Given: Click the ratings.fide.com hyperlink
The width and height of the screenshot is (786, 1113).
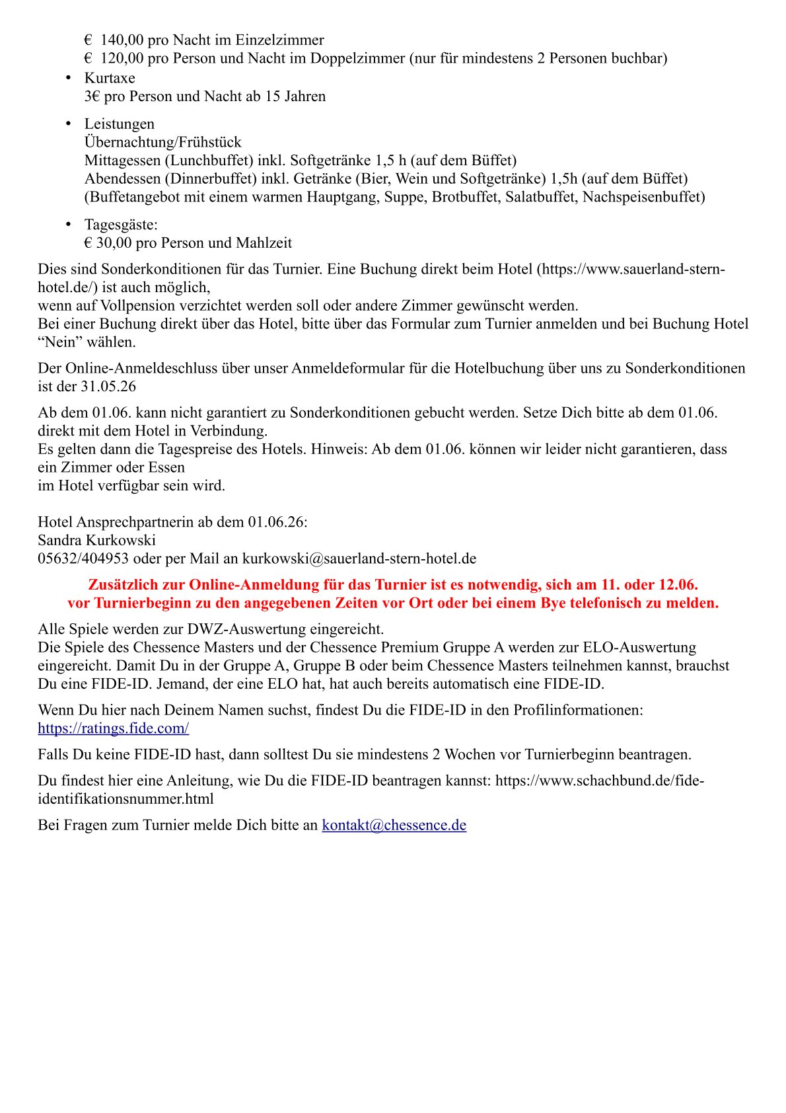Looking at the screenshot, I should [113, 728].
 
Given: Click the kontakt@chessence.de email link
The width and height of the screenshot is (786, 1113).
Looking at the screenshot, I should [394, 825].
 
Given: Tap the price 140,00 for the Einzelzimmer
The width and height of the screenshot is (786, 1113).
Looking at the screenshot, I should [122, 40].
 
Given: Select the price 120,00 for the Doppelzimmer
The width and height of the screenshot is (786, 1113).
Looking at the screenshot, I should [122, 59].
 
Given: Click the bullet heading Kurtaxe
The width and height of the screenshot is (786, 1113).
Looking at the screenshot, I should [110, 78].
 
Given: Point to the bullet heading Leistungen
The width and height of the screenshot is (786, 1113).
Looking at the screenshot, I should [119, 124].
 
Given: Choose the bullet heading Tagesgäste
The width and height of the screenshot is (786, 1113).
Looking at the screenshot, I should [121, 225].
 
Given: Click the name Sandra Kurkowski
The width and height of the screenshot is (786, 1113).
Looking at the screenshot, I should [96, 541].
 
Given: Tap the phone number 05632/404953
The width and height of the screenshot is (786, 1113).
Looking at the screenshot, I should [83, 559].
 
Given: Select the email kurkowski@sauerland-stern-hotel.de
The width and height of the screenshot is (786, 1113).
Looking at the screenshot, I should [359, 559].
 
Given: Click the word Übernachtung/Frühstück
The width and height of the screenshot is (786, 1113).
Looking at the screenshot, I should [162, 142].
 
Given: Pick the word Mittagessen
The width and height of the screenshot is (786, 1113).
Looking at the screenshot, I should [122, 161].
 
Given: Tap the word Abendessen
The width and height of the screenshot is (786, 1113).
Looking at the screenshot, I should [122, 179].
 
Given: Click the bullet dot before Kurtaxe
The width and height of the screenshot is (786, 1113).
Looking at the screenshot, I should [68, 78].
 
